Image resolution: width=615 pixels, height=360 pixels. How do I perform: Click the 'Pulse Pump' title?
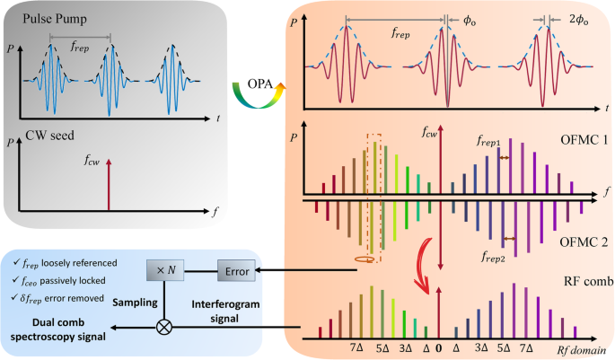tap(46, 15)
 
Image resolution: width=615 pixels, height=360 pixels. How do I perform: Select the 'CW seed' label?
tap(41, 138)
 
